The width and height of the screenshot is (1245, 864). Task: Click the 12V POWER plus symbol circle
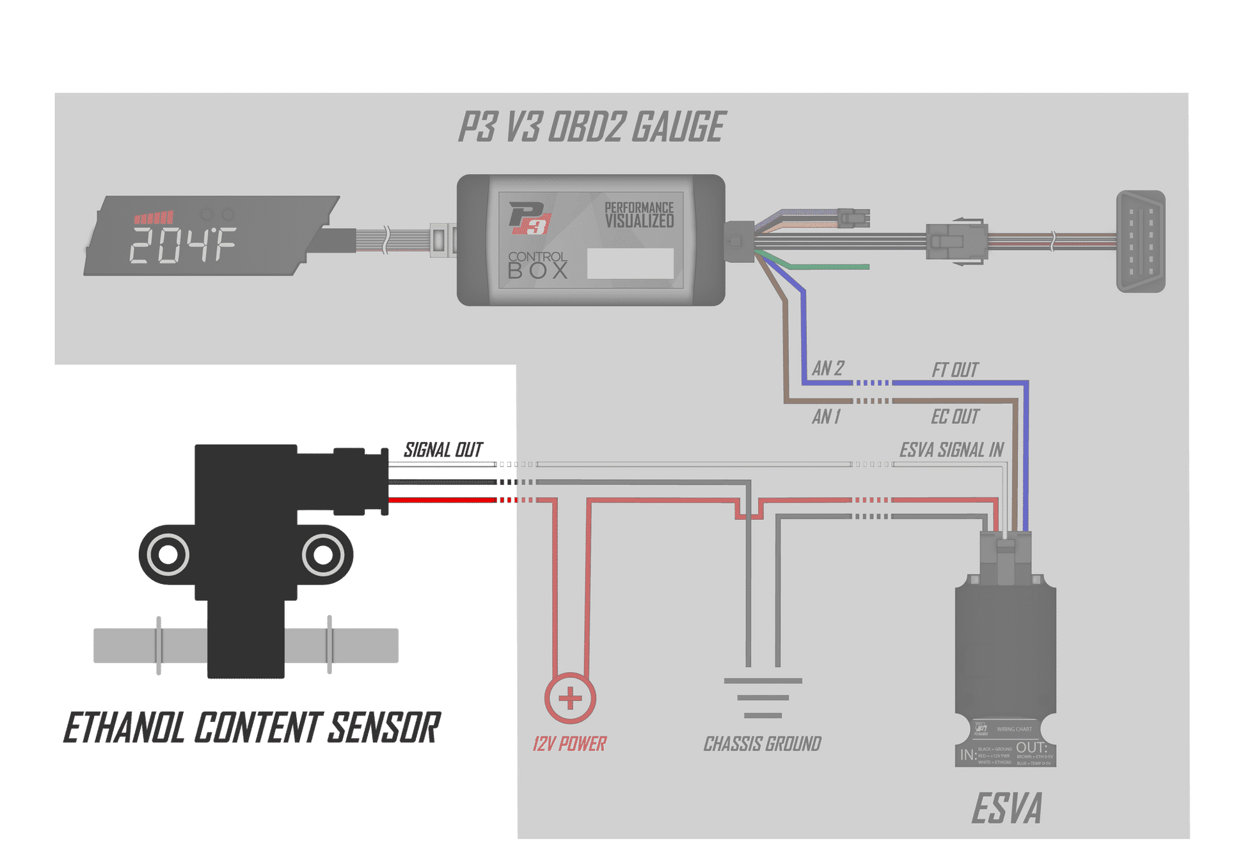pos(570,698)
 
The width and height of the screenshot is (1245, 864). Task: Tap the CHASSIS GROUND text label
pos(762,744)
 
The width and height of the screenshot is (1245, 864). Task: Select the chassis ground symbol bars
pos(763,698)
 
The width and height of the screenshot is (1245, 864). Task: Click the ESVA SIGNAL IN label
pos(951,450)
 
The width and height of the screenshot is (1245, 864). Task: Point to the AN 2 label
pos(828,368)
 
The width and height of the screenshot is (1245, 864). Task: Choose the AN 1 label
pos(826,417)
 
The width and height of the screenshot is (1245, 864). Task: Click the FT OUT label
pos(955,370)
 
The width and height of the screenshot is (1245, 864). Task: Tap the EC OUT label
pos(955,417)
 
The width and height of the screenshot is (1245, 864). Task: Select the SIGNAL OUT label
pos(443,450)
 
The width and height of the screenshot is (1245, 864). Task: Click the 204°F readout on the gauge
pos(183,244)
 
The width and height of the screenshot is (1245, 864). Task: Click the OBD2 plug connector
pos(1141,241)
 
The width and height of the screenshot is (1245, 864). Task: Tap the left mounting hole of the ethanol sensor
pos(168,554)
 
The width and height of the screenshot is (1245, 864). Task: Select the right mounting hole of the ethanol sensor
pos(323,554)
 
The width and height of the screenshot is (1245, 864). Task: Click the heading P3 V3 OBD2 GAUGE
pos(591,127)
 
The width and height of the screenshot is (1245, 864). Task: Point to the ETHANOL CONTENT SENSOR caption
pos(251,727)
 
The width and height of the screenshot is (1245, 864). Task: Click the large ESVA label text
pos(1006,808)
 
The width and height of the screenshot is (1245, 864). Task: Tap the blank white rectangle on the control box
pos(630,263)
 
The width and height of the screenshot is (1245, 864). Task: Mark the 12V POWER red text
pos(569,744)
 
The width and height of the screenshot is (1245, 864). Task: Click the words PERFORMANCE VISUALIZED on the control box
pos(639,215)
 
